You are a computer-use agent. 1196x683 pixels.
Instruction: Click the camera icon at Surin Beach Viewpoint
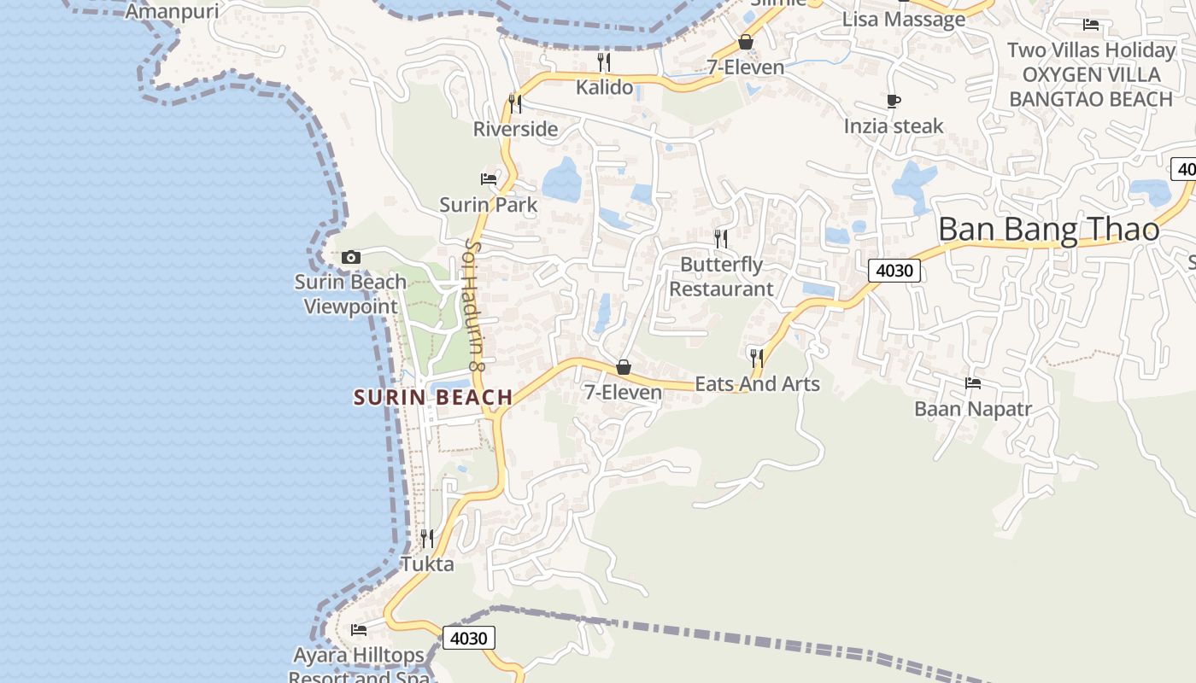(x=350, y=257)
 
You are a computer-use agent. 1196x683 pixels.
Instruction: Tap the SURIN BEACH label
(x=433, y=397)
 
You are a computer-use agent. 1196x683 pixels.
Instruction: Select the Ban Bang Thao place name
(x=1048, y=229)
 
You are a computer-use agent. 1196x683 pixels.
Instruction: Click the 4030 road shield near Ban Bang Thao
(x=894, y=271)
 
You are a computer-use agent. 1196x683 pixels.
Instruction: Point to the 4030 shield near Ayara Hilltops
(x=469, y=638)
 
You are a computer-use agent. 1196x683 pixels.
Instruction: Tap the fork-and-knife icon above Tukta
(x=427, y=538)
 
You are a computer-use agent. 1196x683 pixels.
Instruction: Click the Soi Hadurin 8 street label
(x=474, y=306)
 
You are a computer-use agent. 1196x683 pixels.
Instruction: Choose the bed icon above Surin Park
(x=489, y=179)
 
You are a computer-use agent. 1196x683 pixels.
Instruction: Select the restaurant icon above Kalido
(x=604, y=61)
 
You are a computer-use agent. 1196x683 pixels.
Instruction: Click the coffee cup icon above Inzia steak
(x=894, y=102)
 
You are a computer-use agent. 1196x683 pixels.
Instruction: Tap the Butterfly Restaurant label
(x=721, y=277)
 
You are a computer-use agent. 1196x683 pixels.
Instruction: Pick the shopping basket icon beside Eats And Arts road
(x=624, y=367)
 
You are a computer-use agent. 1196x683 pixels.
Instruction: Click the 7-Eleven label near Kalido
(x=745, y=67)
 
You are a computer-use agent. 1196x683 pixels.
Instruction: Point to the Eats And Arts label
(x=757, y=384)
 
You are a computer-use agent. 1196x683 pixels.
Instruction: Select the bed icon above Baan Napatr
(x=973, y=383)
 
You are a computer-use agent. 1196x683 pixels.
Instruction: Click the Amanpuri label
(x=172, y=12)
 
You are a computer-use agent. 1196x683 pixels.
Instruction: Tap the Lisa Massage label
(x=904, y=19)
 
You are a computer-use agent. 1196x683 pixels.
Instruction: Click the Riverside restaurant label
(x=515, y=129)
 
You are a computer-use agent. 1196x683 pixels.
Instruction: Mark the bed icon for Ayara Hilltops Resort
(x=359, y=630)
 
